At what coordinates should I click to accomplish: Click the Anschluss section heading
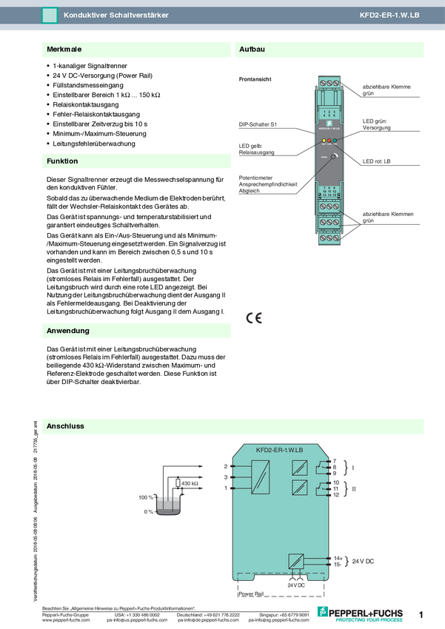65,426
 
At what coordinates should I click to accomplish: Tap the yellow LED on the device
324,140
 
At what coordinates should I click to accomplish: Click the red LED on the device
329,140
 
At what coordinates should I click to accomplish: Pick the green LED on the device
335,140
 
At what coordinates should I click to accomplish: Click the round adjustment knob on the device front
334,158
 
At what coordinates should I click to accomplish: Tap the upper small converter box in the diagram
300,468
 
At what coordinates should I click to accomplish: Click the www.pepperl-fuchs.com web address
66,620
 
